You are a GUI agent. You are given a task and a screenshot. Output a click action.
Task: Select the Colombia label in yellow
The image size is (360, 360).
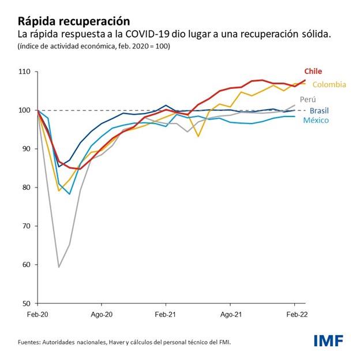coord(329,85)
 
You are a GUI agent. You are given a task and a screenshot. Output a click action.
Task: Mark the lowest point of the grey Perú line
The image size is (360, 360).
coord(59,267)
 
